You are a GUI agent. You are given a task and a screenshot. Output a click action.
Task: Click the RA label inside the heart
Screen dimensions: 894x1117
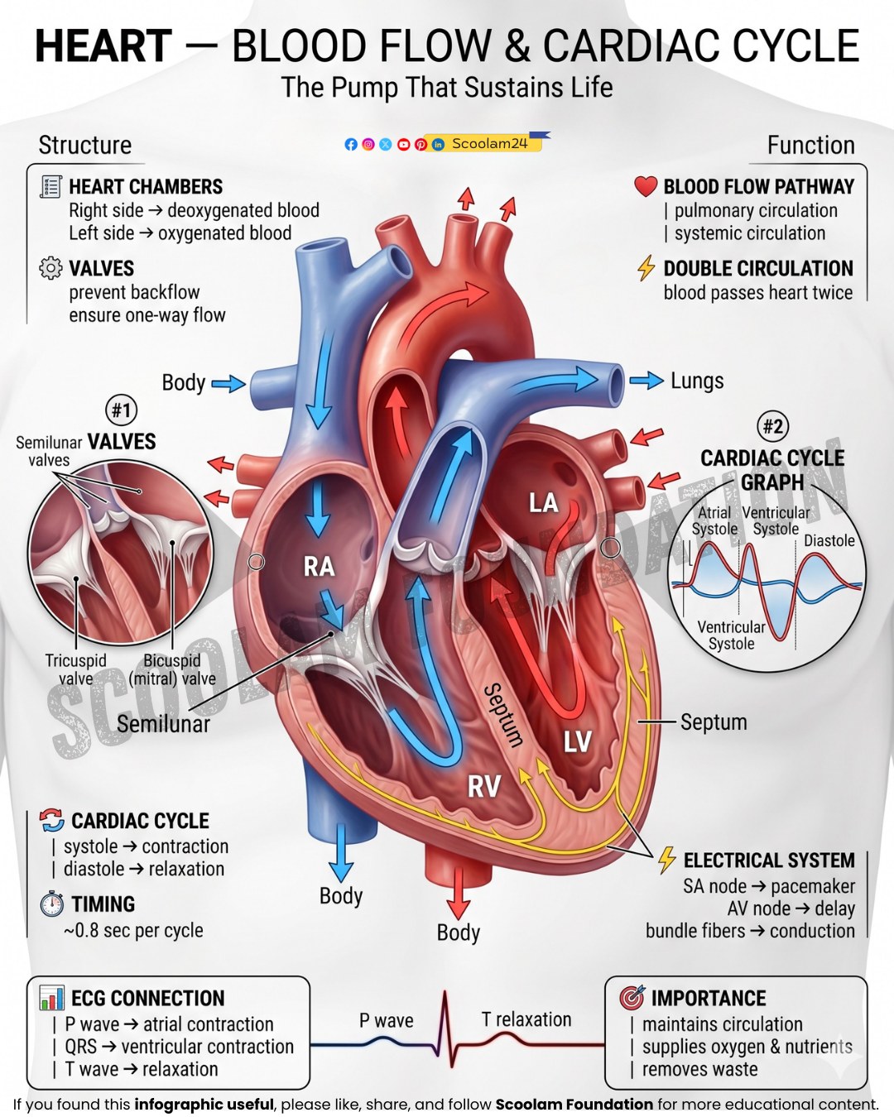(319, 566)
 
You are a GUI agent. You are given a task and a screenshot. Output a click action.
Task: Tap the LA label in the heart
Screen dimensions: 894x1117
(543, 503)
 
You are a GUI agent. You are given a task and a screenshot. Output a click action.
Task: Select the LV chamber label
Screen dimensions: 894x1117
(578, 742)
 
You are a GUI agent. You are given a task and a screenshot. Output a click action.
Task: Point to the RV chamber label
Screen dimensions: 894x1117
(484, 786)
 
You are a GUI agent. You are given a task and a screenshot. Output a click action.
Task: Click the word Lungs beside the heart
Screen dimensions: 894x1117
(697, 381)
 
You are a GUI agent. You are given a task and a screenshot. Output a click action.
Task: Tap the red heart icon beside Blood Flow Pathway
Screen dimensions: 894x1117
(646, 186)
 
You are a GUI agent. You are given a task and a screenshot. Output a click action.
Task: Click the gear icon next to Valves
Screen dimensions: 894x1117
(50, 268)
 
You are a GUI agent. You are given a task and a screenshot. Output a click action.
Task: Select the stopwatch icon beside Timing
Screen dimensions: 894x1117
(52, 904)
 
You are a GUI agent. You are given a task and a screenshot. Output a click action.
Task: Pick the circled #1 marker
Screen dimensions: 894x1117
(121, 410)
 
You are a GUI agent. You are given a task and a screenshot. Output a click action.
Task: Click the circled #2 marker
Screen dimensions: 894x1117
(773, 426)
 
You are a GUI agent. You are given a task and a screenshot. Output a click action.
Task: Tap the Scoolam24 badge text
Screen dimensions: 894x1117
(489, 144)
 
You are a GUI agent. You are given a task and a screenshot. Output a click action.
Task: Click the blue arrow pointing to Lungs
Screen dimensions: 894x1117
(646, 381)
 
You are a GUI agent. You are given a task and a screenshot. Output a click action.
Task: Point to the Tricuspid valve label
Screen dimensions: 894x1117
(76, 669)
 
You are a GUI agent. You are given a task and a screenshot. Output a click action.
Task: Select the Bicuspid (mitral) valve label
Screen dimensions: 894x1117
(172, 669)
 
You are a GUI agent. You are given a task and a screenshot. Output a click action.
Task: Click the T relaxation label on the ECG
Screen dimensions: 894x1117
(526, 1020)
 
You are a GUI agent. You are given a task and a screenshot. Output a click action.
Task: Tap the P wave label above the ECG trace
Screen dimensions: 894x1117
(387, 1020)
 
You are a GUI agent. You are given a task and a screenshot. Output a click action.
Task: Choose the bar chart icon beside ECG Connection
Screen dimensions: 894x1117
(52, 997)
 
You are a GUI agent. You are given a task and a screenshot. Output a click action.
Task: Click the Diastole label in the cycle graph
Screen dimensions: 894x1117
(829, 540)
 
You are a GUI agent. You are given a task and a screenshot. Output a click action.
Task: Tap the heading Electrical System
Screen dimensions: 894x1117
(769, 860)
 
